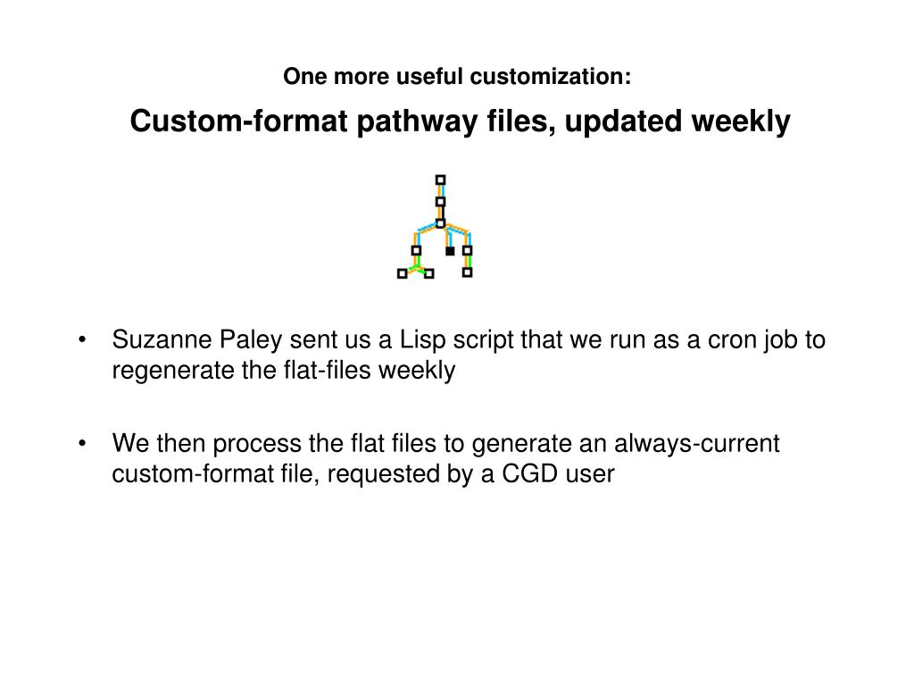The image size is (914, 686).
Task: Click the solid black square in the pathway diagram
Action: click(450, 251)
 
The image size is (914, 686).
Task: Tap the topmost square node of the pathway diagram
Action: click(440, 180)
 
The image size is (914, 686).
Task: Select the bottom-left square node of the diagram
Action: click(402, 273)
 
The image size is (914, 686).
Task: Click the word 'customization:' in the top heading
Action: click(551, 78)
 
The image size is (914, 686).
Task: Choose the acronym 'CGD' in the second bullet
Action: click(527, 473)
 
